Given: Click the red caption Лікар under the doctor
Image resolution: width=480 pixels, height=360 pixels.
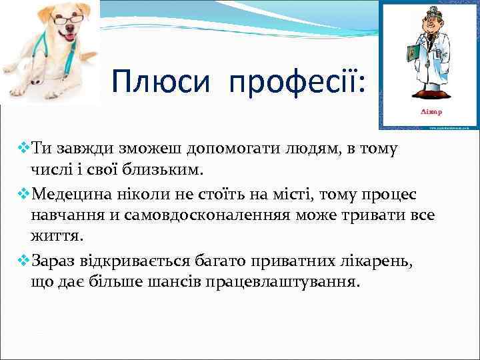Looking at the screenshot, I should pos(431,111).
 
